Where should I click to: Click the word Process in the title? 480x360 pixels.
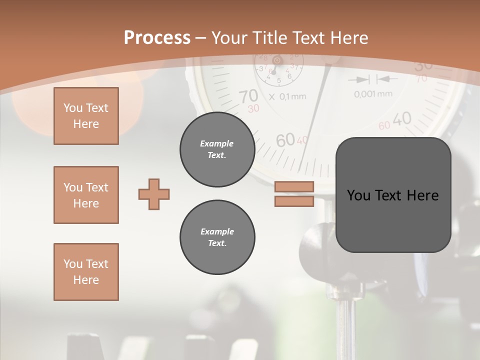tap(157, 38)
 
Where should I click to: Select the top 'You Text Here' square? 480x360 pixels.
tap(86, 116)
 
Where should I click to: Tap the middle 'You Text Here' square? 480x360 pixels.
tap(86, 195)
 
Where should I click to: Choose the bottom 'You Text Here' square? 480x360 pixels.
tap(86, 272)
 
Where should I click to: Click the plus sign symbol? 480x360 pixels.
tap(154, 194)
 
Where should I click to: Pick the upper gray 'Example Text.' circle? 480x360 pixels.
tap(217, 149)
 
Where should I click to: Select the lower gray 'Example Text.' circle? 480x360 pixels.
tap(217, 237)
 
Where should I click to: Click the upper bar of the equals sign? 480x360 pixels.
tap(294, 187)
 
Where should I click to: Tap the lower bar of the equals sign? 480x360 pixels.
tap(294, 201)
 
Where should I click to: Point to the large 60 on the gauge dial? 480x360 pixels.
tap(285, 141)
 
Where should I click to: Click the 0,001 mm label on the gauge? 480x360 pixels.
tap(373, 93)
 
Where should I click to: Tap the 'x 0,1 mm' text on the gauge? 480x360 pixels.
tap(287, 96)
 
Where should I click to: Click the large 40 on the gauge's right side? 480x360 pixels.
tap(401, 119)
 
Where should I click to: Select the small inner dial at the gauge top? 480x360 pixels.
tap(277, 67)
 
